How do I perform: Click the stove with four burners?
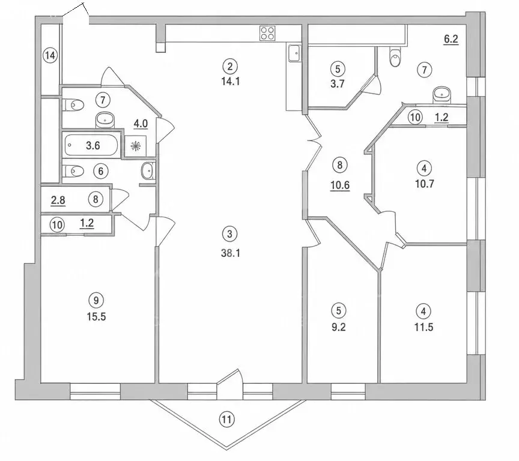pyautogui.click(x=267, y=33)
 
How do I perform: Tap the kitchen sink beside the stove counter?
pyautogui.click(x=294, y=53)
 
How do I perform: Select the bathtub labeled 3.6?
pyautogui.click(x=91, y=145)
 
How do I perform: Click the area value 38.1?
pyautogui.click(x=231, y=253)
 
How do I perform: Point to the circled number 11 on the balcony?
pyautogui.click(x=226, y=420)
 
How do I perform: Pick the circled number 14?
pyautogui.click(x=50, y=55)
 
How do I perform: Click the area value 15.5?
pyautogui.click(x=96, y=316)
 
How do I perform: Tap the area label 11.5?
pyautogui.click(x=423, y=327)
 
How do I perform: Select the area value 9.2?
pyautogui.click(x=339, y=327)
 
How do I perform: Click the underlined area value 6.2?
pyautogui.click(x=451, y=40)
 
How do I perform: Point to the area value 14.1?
pyautogui.click(x=231, y=81)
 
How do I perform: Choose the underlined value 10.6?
pyautogui.click(x=340, y=185)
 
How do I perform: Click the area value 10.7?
pyautogui.click(x=425, y=184)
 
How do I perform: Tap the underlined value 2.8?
pyautogui.click(x=58, y=200)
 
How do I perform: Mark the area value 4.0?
pyautogui.click(x=141, y=124)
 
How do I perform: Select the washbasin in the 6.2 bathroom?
pyautogui.click(x=442, y=95)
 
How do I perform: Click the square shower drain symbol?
pyautogui.click(x=136, y=145)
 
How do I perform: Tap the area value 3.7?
pyautogui.click(x=337, y=83)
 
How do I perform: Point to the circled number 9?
pyautogui.click(x=96, y=300)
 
